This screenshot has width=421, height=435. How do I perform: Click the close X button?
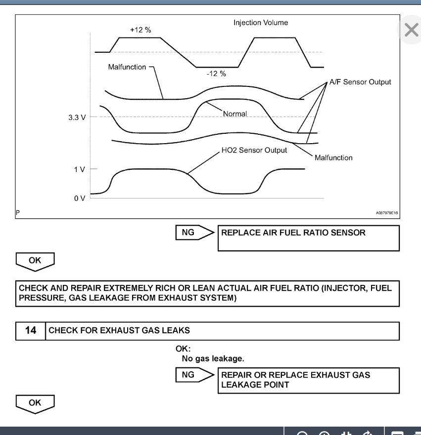coord(411,30)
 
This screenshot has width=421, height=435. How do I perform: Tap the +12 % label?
coord(140,30)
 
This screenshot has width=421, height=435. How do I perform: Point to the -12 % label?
coord(216,74)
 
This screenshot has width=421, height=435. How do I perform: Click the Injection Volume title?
coord(261,23)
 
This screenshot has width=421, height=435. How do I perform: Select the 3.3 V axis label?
coord(77,118)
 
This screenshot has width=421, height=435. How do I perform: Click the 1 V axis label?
coord(79,169)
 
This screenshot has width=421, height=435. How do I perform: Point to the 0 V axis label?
coord(79,198)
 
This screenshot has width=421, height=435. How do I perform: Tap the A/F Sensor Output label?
coord(360,82)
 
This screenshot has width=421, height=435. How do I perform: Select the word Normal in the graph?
coord(235,114)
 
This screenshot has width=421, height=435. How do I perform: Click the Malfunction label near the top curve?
coord(127,67)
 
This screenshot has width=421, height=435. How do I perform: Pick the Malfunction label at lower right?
coord(333,158)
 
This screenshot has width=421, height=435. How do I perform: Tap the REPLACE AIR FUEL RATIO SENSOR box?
coord(308,238)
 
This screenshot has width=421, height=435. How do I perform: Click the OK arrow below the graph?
coord(35,261)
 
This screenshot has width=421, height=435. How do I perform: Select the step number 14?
coord(31,330)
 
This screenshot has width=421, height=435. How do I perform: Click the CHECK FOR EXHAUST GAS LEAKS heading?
coord(119,330)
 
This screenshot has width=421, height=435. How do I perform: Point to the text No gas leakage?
coord(213,358)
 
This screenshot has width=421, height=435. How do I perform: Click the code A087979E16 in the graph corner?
coord(387,213)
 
